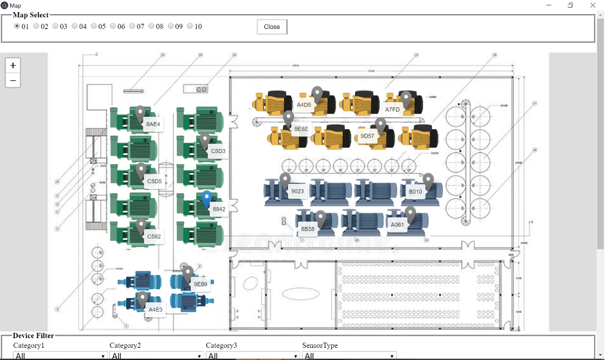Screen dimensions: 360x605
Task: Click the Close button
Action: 272,27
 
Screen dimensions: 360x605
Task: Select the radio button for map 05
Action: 94,26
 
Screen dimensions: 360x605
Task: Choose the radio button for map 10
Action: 190,26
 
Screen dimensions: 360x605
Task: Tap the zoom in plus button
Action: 13,66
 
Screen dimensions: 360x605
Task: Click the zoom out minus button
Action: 13,80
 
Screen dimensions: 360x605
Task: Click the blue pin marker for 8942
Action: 206,199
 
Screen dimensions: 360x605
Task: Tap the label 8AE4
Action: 153,123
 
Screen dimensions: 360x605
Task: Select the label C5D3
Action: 218,151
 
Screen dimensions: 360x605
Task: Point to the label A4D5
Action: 304,104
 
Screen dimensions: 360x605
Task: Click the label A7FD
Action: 392,109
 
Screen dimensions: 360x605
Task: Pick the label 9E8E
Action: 301,129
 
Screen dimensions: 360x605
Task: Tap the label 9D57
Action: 367,136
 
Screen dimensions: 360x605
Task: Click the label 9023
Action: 297,191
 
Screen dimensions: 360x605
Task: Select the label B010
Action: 415,192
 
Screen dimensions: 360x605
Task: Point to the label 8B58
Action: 308,229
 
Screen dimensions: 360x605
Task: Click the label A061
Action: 397,224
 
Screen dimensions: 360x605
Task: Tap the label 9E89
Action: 201,283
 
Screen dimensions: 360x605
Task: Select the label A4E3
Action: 156,309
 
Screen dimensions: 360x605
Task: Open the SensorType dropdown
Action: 348,355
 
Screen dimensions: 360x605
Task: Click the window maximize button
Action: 570,5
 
